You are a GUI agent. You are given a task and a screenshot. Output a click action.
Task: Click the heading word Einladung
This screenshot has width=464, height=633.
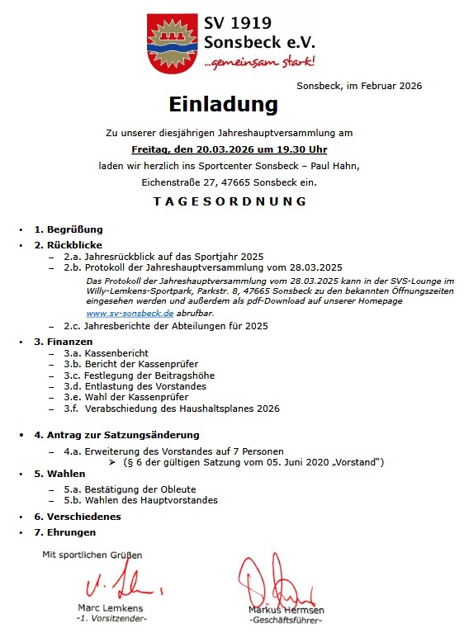coord(223,105)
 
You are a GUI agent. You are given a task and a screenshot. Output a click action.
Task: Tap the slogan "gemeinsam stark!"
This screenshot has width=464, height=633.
coord(262,62)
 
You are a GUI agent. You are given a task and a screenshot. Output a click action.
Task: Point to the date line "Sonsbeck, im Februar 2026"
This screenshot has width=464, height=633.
coord(359,85)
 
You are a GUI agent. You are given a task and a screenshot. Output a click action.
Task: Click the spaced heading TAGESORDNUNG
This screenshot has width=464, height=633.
coord(230,201)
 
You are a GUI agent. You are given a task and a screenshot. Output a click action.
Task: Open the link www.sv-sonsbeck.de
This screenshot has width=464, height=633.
coord(130,314)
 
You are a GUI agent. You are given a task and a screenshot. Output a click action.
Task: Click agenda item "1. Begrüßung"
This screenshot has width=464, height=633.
coord(68,229)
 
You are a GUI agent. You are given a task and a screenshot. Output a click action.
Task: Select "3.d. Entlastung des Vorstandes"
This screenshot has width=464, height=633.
coord(135,386)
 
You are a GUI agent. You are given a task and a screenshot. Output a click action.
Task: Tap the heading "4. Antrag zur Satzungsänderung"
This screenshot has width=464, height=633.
coord(116,434)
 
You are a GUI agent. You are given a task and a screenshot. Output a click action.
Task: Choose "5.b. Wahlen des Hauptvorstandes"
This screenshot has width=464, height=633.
coord(140,499)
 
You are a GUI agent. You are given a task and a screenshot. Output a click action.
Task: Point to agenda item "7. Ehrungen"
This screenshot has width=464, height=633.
coord(64,532)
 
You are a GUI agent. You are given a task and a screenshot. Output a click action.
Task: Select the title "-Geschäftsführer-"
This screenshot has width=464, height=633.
coord(286,620)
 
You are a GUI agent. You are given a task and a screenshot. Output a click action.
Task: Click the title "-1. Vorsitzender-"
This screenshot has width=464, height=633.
coord(111,618)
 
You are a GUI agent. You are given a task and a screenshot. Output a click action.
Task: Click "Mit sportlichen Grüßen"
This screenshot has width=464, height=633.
coord(92,555)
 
